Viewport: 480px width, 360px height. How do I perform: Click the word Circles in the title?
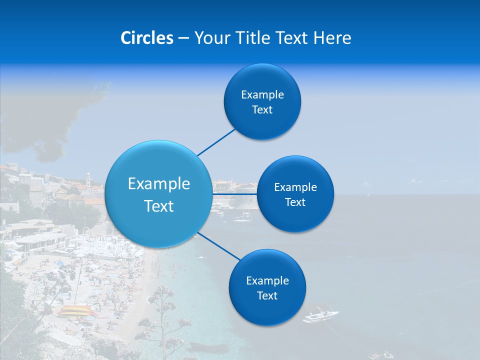(147, 38)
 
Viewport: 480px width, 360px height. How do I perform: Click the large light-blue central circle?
(158, 194)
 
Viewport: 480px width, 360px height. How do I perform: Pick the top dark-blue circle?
(262, 101)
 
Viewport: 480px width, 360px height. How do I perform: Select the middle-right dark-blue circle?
(295, 194)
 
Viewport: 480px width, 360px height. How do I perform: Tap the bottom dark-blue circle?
(267, 287)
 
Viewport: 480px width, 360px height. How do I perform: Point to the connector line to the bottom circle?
(219, 246)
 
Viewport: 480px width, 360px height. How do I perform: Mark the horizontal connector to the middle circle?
(235, 193)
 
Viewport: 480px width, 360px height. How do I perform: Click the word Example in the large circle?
(159, 184)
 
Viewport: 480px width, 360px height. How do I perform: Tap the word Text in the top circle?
(262, 110)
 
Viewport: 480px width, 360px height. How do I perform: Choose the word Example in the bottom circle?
(267, 280)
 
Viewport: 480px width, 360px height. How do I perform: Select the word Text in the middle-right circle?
(295, 202)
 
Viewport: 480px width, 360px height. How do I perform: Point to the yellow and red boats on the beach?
(76, 311)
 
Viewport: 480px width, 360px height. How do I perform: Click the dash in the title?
(183, 38)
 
